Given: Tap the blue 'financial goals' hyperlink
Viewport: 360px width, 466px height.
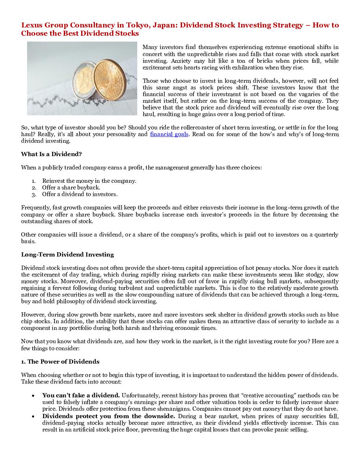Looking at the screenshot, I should coord(169,134).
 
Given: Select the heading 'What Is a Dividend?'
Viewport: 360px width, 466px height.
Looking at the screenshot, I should coord(51,154).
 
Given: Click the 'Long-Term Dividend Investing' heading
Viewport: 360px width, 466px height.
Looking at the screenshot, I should coord(67,255).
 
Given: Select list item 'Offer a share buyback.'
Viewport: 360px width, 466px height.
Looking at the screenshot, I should coord(71,187).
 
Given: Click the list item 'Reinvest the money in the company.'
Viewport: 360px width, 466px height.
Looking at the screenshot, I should coord(89,181).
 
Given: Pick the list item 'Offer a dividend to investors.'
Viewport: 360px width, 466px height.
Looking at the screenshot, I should coord(80,194).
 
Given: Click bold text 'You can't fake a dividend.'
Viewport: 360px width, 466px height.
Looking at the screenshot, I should coord(81,395).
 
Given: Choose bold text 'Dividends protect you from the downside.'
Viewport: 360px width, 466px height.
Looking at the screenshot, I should coord(109,416).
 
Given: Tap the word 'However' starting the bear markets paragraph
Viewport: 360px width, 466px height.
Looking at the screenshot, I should coord(33,315).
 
